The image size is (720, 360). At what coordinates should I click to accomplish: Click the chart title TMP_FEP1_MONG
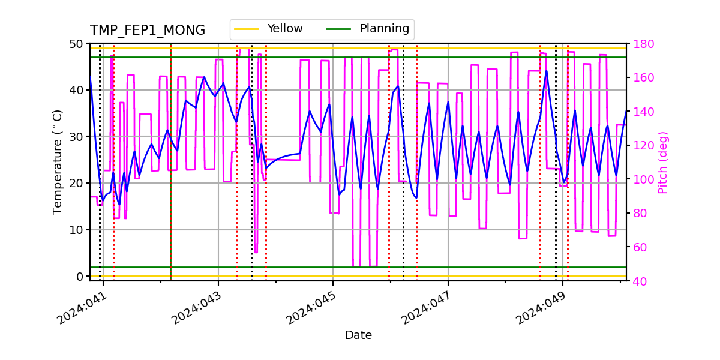(x=147, y=31)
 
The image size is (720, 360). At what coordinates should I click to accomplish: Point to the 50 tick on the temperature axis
(x=77, y=44)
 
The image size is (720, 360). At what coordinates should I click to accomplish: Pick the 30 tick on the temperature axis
(x=77, y=137)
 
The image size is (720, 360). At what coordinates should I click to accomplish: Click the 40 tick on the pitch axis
(x=637, y=281)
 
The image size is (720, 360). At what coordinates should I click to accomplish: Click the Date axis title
(x=358, y=335)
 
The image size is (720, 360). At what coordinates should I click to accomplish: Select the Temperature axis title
(x=58, y=162)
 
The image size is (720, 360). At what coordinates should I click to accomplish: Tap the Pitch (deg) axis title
(x=663, y=162)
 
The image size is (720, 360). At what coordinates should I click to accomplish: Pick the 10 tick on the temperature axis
(x=77, y=230)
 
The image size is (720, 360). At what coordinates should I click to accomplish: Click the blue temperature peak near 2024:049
(x=546, y=71)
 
